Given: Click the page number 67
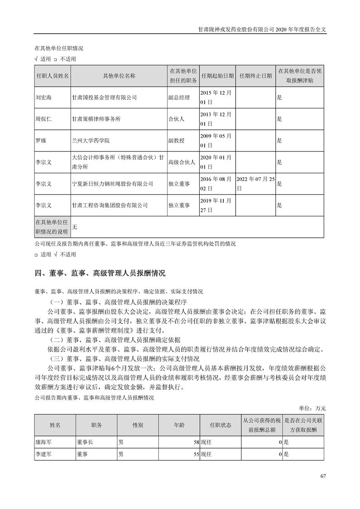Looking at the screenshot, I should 323,476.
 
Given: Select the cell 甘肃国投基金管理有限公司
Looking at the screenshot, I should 104,98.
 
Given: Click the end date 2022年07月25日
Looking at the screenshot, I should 256,184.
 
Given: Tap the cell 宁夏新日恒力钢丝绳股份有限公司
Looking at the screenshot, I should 113,184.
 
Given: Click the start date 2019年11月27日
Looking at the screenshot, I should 216,205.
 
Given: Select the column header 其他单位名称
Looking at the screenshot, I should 119,76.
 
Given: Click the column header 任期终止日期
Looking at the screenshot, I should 256,76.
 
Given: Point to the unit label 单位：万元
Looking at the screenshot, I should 312,408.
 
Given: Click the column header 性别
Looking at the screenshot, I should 138,425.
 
